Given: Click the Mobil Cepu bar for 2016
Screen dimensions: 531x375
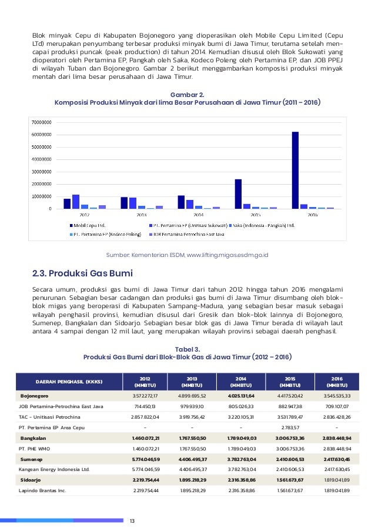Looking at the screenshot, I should (x=295, y=170).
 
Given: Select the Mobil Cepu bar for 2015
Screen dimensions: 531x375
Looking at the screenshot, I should (x=238, y=194).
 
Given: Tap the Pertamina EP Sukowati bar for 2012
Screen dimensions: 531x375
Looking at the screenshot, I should (x=76, y=202).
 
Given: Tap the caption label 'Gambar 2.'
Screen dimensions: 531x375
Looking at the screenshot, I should (x=187, y=94).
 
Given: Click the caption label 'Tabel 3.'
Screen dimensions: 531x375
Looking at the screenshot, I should (x=187, y=349).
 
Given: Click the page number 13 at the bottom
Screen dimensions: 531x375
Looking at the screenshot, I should (x=132, y=520).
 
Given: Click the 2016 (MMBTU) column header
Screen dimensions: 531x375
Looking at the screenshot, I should (x=337, y=381).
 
